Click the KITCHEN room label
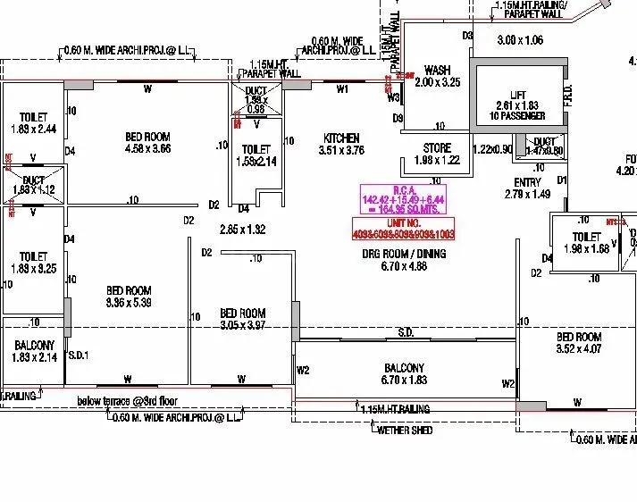click(x=341, y=138)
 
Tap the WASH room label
click(x=437, y=70)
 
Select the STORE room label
click(x=437, y=147)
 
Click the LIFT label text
click(x=517, y=94)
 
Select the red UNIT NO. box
click(x=403, y=229)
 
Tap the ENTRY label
click(x=527, y=182)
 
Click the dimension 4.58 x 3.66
click(x=148, y=148)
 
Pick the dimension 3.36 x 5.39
click(x=130, y=302)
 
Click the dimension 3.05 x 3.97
click(x=242, y=325)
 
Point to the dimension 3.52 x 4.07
click(x=578, y=349)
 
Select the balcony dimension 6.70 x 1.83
click(x=404, y=381)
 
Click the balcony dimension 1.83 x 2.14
click(x=35, y=357)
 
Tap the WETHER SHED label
click(x=406, y=431)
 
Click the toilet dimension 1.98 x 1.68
click(x=586, y=248)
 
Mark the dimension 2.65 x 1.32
click(x=242, y=230)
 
